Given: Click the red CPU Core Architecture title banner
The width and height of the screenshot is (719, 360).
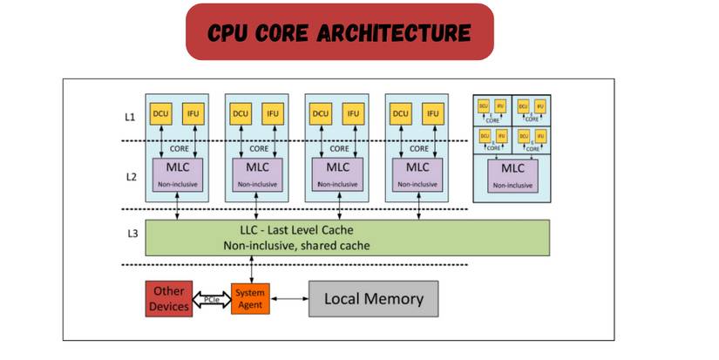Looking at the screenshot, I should click(340, 32).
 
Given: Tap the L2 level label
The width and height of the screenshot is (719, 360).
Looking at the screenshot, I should click(128, 175).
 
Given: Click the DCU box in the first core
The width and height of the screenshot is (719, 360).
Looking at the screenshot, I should click(160, 113).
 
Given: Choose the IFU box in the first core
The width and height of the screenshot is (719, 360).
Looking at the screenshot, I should click(193, 113).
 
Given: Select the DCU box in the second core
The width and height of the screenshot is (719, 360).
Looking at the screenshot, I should click(241, 113).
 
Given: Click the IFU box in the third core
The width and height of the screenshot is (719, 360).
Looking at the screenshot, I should click(352, 113).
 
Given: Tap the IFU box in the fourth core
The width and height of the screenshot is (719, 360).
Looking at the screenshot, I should click(432, 113).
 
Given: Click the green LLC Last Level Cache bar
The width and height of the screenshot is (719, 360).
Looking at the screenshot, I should click(347, 237).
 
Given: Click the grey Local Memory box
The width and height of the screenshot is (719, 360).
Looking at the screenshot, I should click(373, 299).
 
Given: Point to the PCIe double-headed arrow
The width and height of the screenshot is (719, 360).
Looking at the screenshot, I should click(210, 299).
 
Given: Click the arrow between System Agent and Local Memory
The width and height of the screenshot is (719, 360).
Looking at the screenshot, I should click(289, 299).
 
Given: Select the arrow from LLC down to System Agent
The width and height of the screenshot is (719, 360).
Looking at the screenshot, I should click(251, 268).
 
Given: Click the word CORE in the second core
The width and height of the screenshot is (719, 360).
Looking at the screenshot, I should click(256, 147).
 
